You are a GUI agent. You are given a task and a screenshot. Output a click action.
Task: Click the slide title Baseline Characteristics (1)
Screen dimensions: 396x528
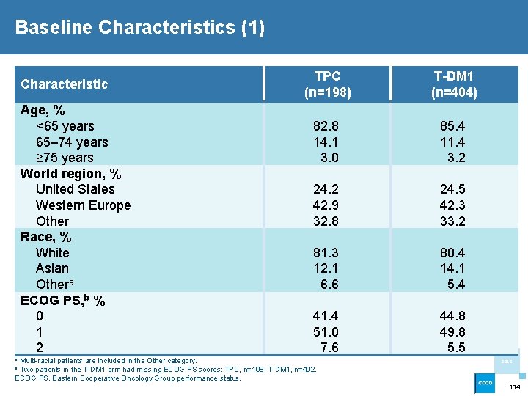pos(139,28)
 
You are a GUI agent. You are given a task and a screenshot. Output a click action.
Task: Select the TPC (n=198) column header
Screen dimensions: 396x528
pos(327,84)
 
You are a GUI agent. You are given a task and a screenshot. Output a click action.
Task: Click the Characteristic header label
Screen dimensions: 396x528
pos(65,84)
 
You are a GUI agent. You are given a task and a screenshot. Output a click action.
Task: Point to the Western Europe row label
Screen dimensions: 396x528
pos(83,205)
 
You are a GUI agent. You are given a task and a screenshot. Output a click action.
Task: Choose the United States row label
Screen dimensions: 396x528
pos(75,189)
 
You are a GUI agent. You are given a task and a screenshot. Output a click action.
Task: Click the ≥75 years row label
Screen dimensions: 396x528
pos(65,158)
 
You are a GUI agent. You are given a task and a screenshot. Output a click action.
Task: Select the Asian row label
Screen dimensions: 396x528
pos(52,268)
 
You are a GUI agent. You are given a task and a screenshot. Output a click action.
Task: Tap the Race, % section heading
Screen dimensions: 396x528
pos(45,237)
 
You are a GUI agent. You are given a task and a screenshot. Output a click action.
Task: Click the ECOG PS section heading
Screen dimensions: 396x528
pos(62,300)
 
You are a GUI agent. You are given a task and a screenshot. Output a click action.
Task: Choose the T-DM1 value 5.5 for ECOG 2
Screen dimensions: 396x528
pos(456,348)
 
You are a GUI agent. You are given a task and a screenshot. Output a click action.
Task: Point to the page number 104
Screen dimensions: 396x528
pos(515,386)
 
